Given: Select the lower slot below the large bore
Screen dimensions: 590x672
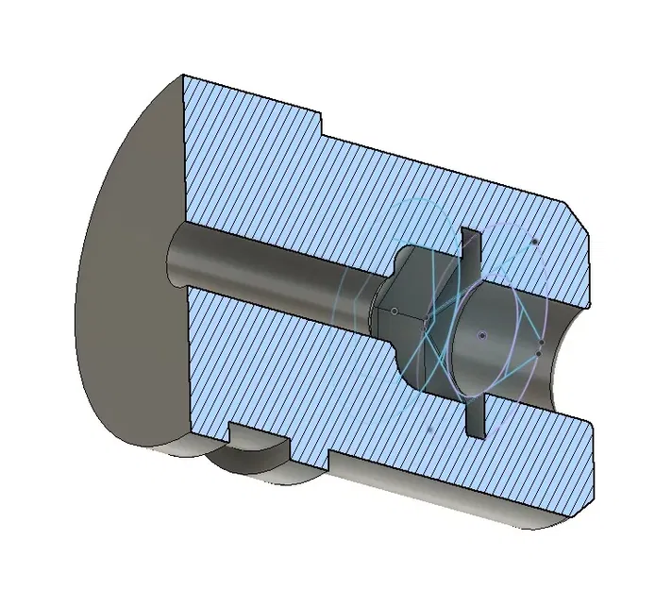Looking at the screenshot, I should [x=474, y=416].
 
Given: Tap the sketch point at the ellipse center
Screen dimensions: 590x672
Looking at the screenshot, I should [x=482, y=335].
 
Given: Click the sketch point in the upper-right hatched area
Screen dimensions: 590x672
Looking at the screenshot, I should [x=535, y=242].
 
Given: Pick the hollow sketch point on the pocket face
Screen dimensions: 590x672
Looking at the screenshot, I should [x=395, y=310].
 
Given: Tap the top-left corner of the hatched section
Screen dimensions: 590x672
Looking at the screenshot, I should [x=183, y=77].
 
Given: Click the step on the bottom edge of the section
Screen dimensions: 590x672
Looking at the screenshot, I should [x=328, y=459].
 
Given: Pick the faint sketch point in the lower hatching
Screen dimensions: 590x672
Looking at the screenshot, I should [x=429, y=430].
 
